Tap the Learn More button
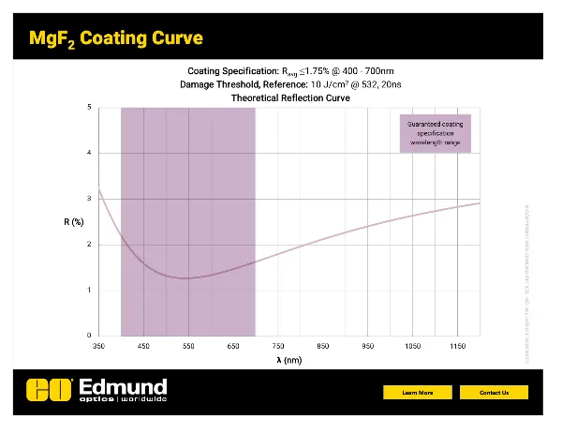pos(417,393)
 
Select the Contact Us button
pos(494,393)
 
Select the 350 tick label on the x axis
pos(98,346)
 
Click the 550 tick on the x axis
pos(188,346)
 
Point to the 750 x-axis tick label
pos(278,346)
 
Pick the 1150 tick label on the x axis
pos(457,346)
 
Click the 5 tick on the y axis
pos(89,107)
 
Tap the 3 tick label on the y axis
pos(89,199)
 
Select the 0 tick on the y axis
pos(89,336)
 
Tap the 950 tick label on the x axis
pos(367,346)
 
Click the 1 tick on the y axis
pos(89,290)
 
